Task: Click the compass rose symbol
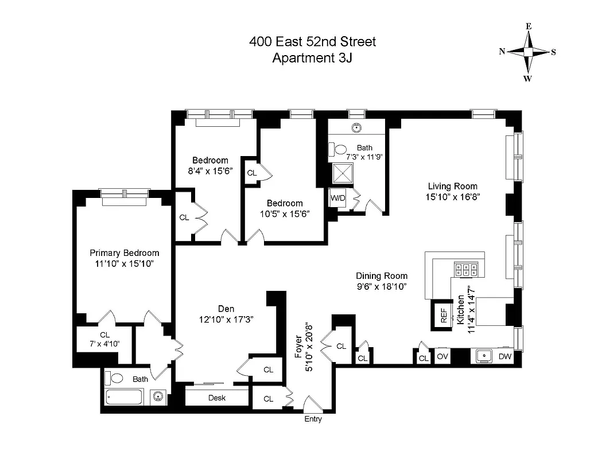click(x=528, y=52)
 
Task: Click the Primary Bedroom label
click(x=125, y=253)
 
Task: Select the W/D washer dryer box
click(x=337, y=199)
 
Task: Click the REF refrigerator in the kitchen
click(x=443, y=316)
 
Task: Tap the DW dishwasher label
click(x=504, y=357)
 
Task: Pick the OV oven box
click(x=442, y=357)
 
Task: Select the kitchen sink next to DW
click(x=485, y=356)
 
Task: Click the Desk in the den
click(x=216, y=398)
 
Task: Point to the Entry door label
click(x=313, y=419)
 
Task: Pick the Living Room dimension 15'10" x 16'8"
click(x=453, y=196)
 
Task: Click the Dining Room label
click(x=381, y=276)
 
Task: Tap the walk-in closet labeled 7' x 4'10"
click(x=104, y=340)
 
